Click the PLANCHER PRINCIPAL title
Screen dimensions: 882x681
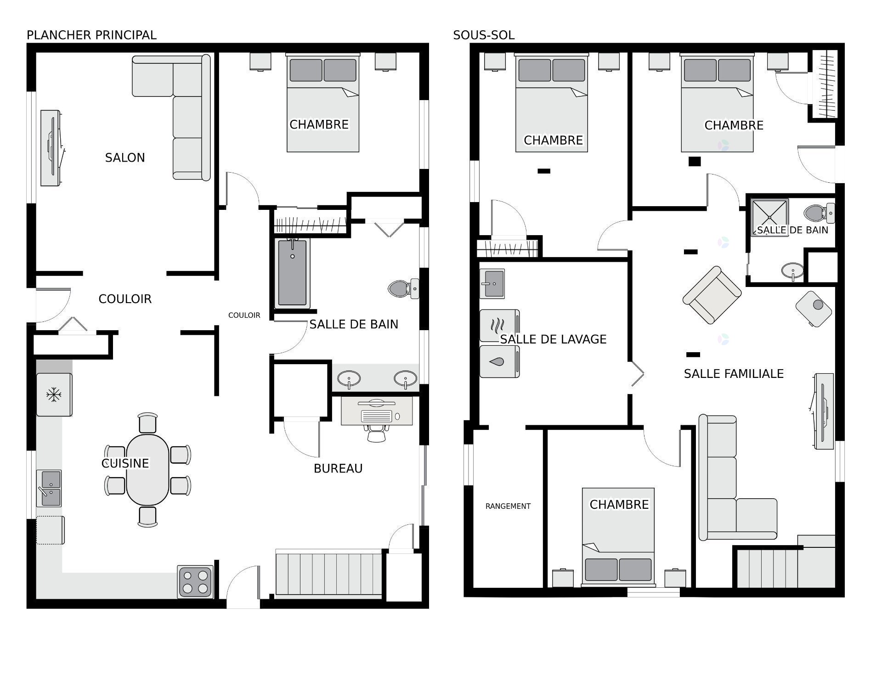(91, 35)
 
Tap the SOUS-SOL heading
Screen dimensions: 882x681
(483, 35)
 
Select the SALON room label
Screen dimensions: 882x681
(125, 158)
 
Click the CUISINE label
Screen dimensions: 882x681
(125, 463)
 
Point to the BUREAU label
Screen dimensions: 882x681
(338, 468)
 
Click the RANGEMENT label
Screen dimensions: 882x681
(508, 506)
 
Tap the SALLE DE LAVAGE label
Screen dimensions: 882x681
(553, 339)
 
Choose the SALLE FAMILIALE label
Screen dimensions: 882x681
(734, 374)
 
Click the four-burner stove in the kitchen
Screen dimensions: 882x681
(196, 581)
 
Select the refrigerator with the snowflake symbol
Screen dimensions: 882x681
(54, 394)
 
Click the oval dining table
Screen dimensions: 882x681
(147, 469)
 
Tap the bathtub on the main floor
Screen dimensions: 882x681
(292, 273)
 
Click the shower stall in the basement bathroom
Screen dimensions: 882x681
(769, 217)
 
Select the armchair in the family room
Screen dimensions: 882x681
(712, 295)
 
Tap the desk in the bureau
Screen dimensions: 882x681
(377, 410)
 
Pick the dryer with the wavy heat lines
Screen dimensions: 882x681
(499, 326)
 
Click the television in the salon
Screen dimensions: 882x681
(51, 148)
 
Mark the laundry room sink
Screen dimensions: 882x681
(492, 283)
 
